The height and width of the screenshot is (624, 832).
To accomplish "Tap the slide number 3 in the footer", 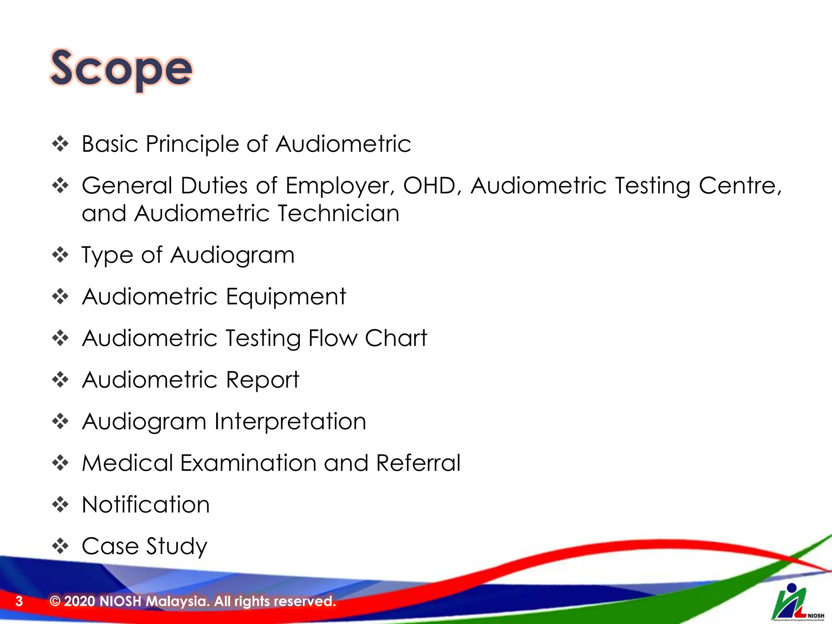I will click(x=19, y=601).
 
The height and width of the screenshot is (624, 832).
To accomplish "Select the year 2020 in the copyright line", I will click(x=80, y=601).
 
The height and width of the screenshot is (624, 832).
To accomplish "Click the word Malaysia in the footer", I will click(x=178, y=601).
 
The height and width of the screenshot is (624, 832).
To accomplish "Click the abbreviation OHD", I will click(x=432, y=186).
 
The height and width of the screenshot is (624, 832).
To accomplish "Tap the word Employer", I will click(x=340, y=186).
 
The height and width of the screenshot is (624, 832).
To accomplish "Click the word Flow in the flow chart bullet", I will click(x=333, y=338).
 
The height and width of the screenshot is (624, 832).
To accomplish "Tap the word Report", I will click(x=262, y=380).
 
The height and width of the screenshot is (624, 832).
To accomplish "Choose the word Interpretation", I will click(x=290, y=422).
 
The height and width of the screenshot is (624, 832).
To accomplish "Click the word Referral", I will click(x=418, y=464).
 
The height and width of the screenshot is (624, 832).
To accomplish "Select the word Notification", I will click(x=146, y=505).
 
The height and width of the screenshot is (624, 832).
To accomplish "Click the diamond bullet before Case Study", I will click(x=61, y=546).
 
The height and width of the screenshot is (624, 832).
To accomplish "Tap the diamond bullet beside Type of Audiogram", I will click(x=61, y=256).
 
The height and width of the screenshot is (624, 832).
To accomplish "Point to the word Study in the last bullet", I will click(x=177, y=546).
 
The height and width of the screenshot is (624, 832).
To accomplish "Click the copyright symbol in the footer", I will click(x=55, y=601).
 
